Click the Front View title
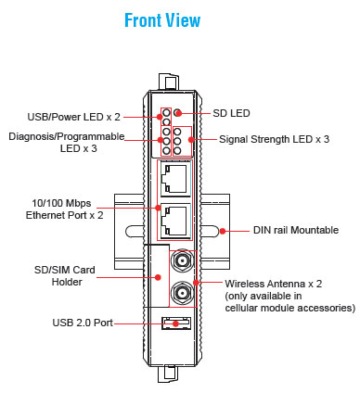(x=162, y=20)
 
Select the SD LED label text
(x=231, y=113)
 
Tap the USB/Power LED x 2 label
(x=73, y=117)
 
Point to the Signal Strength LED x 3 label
(x=274, y=139)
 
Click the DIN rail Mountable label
(x=296, y=230)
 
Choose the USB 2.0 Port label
(x=83, y=323)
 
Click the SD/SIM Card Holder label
(x=65, y=276)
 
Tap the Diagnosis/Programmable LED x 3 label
(x=67, y=143)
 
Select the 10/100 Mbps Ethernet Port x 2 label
(x=64, y=209)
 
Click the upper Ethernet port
(x=175, y=179)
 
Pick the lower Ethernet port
(x=175, y=221)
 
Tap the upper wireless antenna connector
(x=182, y=261)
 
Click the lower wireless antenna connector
(x=182, y=292)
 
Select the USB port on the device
(x=176, y=323)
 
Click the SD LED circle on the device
(x=177, y=113)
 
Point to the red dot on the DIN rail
(x=223, y=231)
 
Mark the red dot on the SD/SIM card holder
(x=158, y=277)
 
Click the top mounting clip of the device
(x=169, y=82)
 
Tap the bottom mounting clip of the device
(x=169, y=374)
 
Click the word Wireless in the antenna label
(x=244, y=284)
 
